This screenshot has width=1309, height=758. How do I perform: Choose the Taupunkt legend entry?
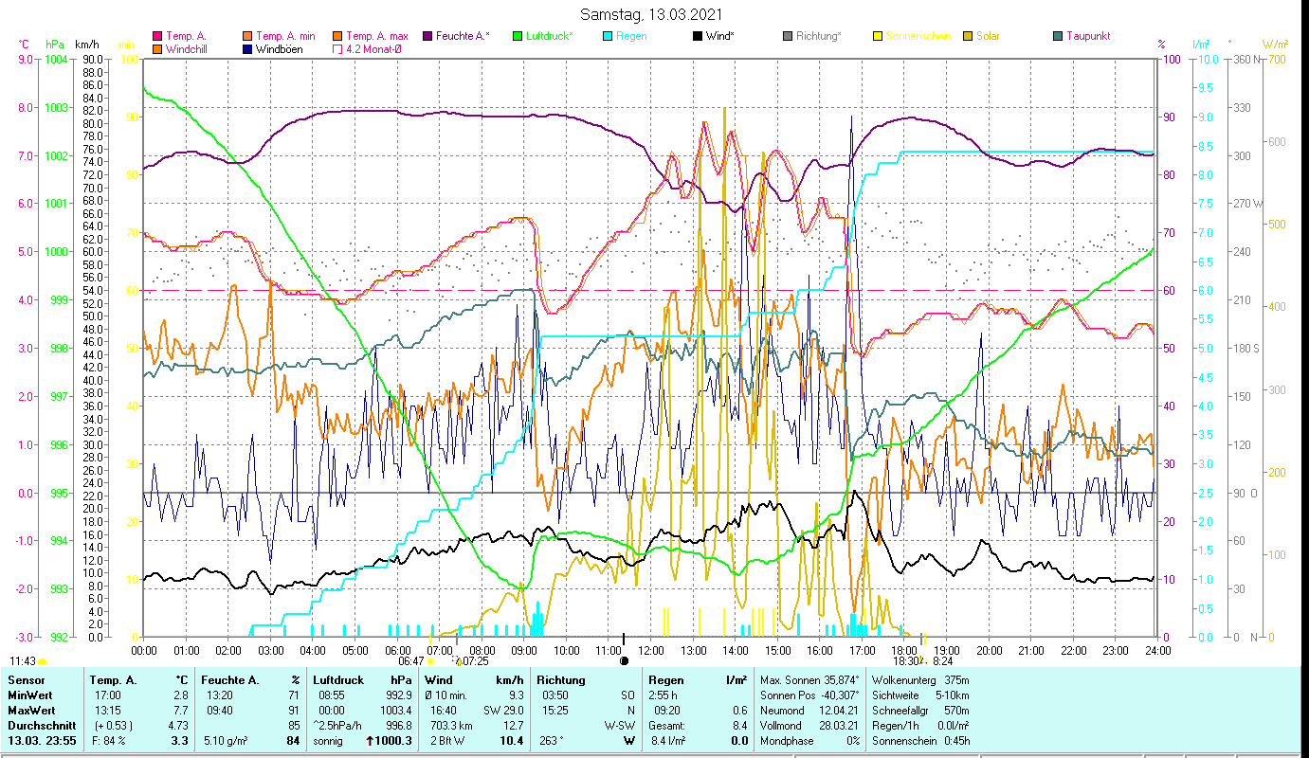click(1087, 36)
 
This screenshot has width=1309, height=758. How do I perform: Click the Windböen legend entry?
click(279, 49)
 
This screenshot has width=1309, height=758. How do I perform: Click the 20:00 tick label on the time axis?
click(990, 651)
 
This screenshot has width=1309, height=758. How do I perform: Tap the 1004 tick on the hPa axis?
click(56, 60)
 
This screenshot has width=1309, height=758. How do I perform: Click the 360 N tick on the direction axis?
click(1244, 60)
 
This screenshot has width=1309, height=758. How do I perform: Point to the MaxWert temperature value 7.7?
click(182, 711)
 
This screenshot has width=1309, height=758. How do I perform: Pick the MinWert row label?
click(29, 695)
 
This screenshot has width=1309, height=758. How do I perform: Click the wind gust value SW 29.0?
click(503, 711)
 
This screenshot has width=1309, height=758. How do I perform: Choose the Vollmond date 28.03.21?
click(840, 726)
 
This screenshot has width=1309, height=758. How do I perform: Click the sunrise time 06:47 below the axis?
click(410, 661)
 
